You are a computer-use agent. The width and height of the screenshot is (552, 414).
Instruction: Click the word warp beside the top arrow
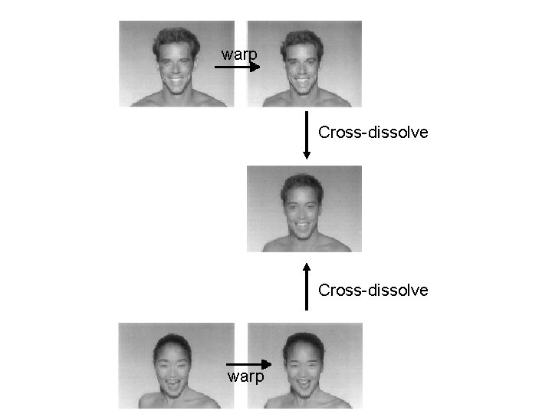pyautogui.click(x=240, y=56)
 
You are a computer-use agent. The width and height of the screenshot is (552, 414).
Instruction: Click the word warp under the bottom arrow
pyautogui.click(x=246, y=377)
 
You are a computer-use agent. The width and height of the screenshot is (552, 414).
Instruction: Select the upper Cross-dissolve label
pyautogui.click(x=373, y=133)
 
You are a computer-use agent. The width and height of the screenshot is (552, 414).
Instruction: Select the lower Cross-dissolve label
pyautogui.click(x=373, y=290)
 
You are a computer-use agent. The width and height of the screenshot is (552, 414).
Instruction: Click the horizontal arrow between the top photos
pyautogui.click(x=237, y=67)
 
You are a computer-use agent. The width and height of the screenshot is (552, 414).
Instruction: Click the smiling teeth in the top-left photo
pyautogui.click(x=176, y=80)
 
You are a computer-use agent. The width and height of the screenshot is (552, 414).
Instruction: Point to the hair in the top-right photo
pyautogui.click(x=304, y=35)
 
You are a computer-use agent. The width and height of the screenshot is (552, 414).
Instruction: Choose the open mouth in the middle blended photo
pyautogui.click(x=301, y=227)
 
